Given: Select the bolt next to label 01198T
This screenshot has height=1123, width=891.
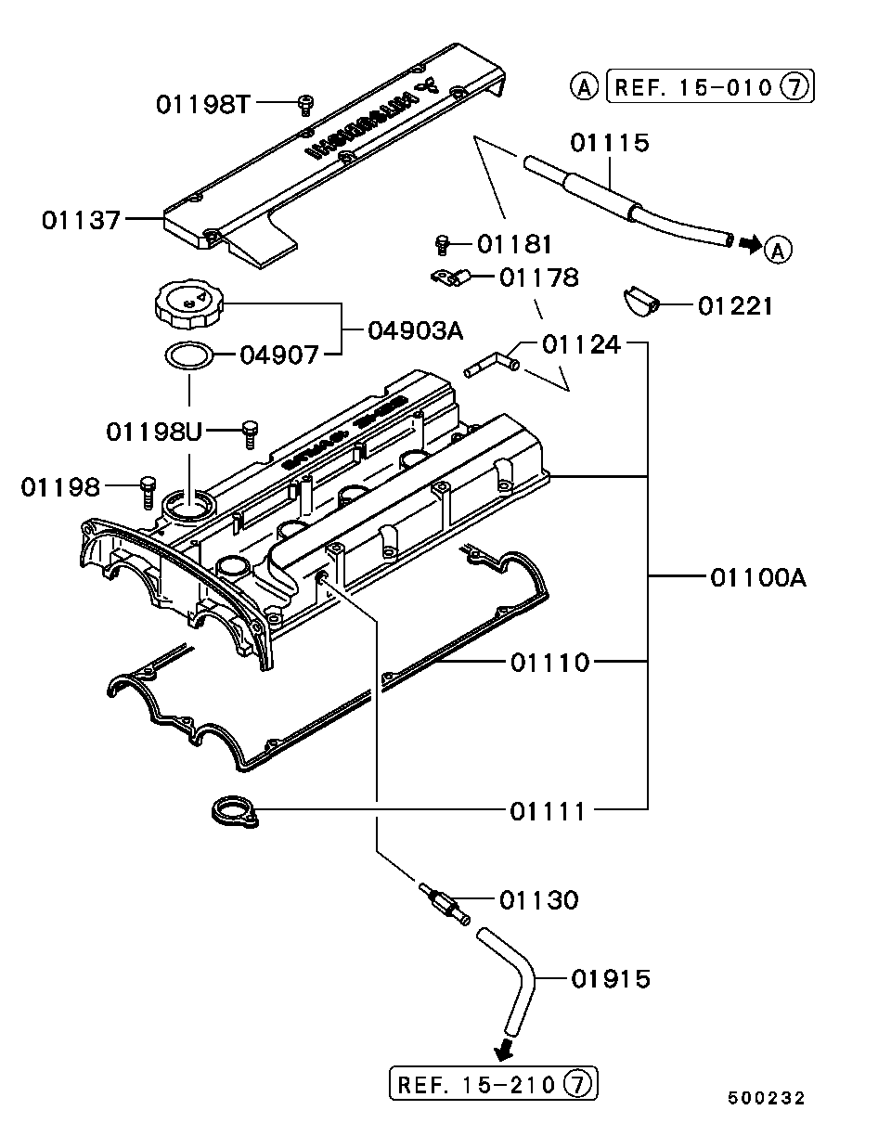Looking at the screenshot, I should click(x=304, y=104).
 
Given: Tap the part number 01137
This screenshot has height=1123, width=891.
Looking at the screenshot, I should click(x=81, y=220).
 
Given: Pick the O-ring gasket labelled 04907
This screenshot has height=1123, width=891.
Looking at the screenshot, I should click(x=188, y=354).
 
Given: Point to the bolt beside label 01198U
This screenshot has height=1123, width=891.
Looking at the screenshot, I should click(x=248, y=432).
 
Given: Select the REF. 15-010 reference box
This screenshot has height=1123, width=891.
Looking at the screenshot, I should click(x=710, y=87).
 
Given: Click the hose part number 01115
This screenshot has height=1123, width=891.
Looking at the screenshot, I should click(x=609, y=142).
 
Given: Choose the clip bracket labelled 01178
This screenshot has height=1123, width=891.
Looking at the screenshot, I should click(x=450, y=276).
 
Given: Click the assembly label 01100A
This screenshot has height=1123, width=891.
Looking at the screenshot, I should click(x=757, y=577).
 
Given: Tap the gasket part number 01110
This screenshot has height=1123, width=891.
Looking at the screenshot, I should click(x=549, y=662).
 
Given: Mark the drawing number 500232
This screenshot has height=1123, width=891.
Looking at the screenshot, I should click(x=766, y=1097).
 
